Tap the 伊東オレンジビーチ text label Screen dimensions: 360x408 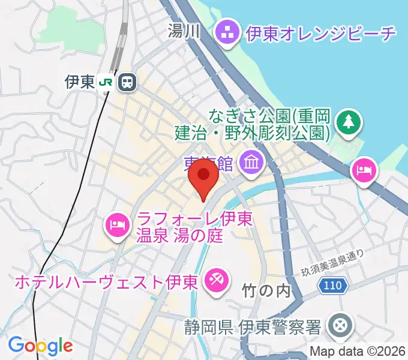321,32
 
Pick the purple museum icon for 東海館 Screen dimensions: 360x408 248,160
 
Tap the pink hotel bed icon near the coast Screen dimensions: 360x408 364,170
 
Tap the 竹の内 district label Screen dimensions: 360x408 265,291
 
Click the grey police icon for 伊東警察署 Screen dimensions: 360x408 340,326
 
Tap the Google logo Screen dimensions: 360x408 40,346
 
